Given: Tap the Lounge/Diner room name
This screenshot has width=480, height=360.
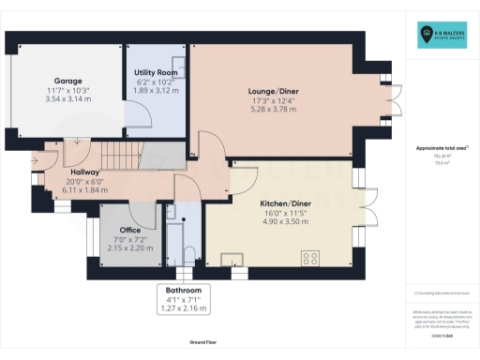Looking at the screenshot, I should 272,91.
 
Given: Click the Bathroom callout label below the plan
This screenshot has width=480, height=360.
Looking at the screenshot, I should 185,291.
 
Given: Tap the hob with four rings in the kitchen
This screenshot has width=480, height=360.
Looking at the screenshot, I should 311,259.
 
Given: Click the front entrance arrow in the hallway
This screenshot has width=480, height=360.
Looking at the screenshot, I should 35,160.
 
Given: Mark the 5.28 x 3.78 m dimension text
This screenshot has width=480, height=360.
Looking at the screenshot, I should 272,109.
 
